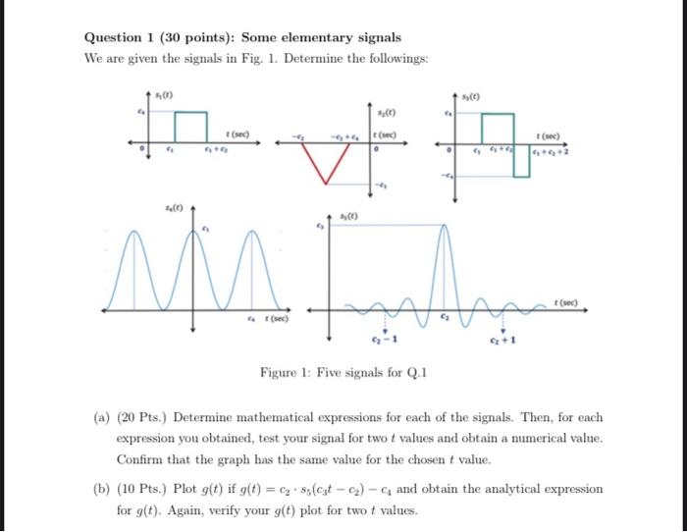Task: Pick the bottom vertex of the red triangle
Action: (323, 181)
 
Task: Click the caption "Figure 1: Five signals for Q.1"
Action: (343, 372)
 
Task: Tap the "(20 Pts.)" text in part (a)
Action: (140, 418)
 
